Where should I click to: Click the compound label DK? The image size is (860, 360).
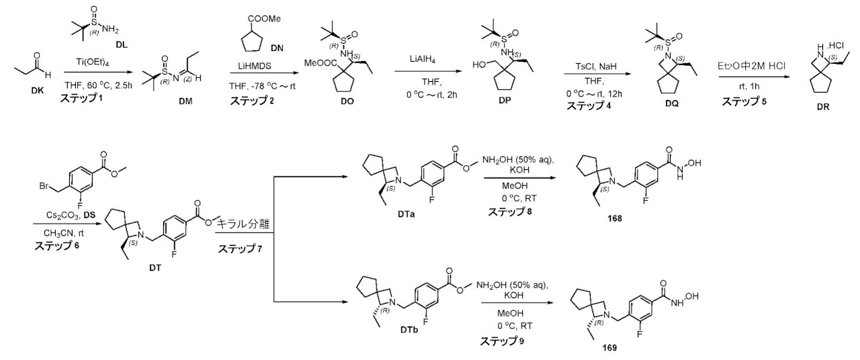(37, 91)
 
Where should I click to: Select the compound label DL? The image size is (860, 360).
(122, 45)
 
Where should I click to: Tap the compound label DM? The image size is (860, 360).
(185, 101)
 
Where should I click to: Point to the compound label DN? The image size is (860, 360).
(277, 48)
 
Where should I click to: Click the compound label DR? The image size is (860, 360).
(823, 107)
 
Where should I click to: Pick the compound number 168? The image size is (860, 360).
(614, 218)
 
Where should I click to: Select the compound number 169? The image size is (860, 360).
(609, 348)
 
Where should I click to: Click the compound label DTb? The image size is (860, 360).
(409, 330)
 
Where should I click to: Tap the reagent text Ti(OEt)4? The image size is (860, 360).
(92, 62)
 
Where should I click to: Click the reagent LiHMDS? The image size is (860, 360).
(254, 66)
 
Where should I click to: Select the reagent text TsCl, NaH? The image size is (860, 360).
(596, 66)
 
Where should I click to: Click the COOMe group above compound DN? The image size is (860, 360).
(264, 19)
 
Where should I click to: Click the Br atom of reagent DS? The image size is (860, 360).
(44, 187)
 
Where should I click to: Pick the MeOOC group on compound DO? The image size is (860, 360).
(318, 62)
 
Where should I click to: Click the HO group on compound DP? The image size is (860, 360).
(479, 65)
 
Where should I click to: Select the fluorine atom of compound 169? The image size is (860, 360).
(640, 334)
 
